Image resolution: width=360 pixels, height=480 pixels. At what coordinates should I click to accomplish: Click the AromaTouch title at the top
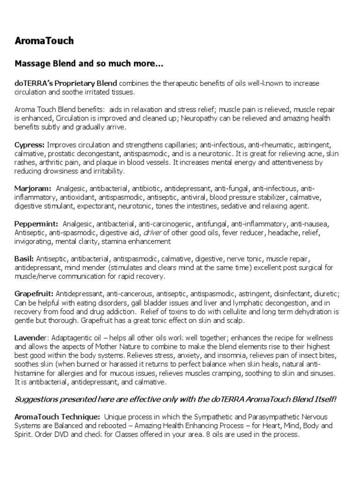tap(44, 41)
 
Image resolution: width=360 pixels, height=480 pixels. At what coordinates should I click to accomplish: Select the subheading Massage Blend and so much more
tap(89, 63)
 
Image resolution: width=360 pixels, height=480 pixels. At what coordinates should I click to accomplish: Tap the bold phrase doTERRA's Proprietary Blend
tap(66, 83)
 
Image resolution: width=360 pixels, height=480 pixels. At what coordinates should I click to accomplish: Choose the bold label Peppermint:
tap(36, 224)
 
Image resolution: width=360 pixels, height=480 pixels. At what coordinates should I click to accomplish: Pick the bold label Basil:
tap(23, 258)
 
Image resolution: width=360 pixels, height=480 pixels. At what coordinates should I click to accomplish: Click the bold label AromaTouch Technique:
tap(57, 416)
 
